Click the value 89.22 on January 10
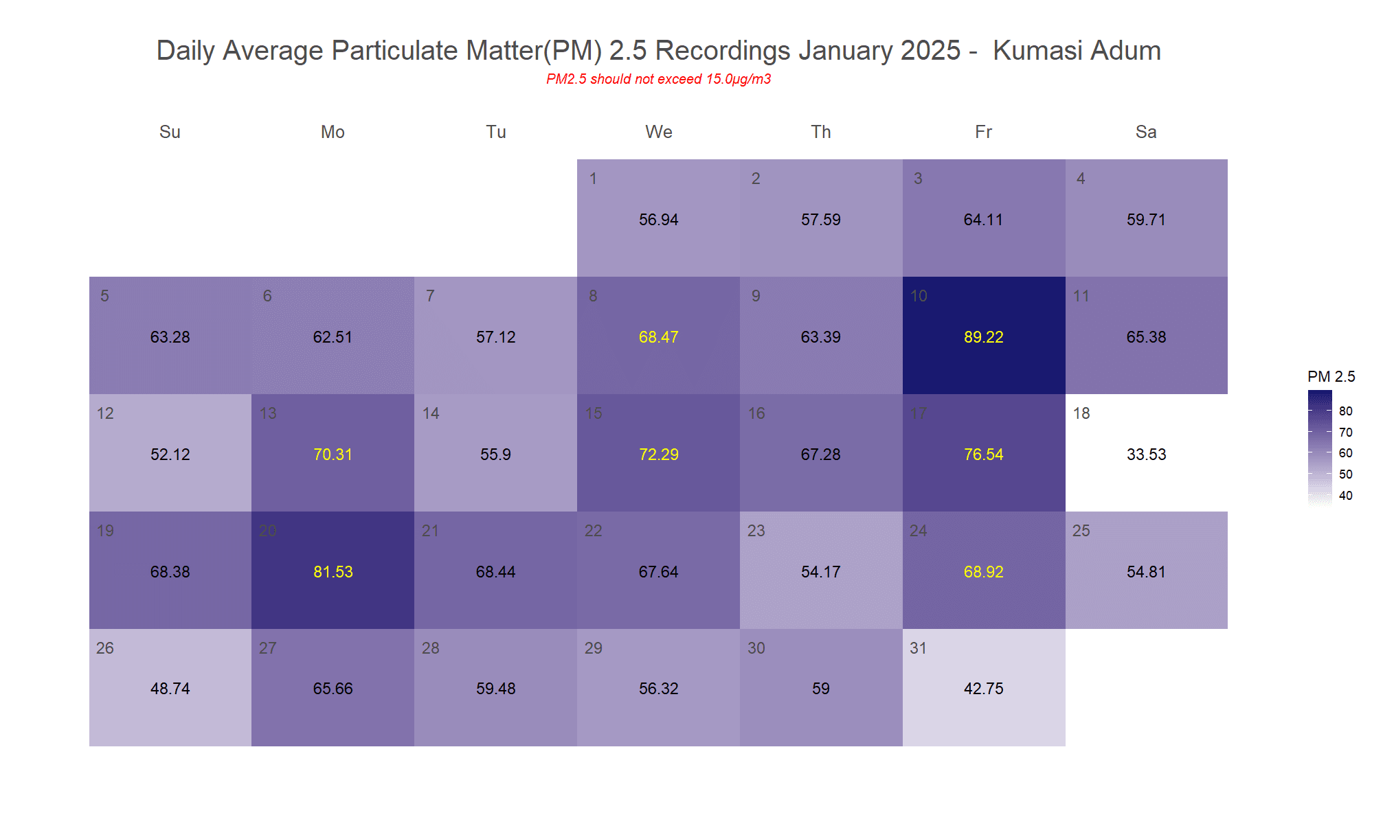click(983, 337)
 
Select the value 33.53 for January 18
click(1146, 455)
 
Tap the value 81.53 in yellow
click(333, 572)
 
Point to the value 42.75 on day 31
click(983, 689)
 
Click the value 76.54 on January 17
click(983, 455)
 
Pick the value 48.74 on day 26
click(170, 689)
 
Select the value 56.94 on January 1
click(658, 220)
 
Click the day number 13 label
click(268, 413)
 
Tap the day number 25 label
click(1081, 531)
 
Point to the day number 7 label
click(430, 296)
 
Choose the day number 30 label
click(756, 648)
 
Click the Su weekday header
click(170, 132)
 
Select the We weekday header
click(658, 132)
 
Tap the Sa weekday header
click(1146, 132)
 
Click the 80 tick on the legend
click(1345, 411)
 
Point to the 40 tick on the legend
click(1345, 496)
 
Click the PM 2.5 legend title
click(1331, 376)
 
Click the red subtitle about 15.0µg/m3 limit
click(658, 79)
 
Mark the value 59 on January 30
click(821, 689)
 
